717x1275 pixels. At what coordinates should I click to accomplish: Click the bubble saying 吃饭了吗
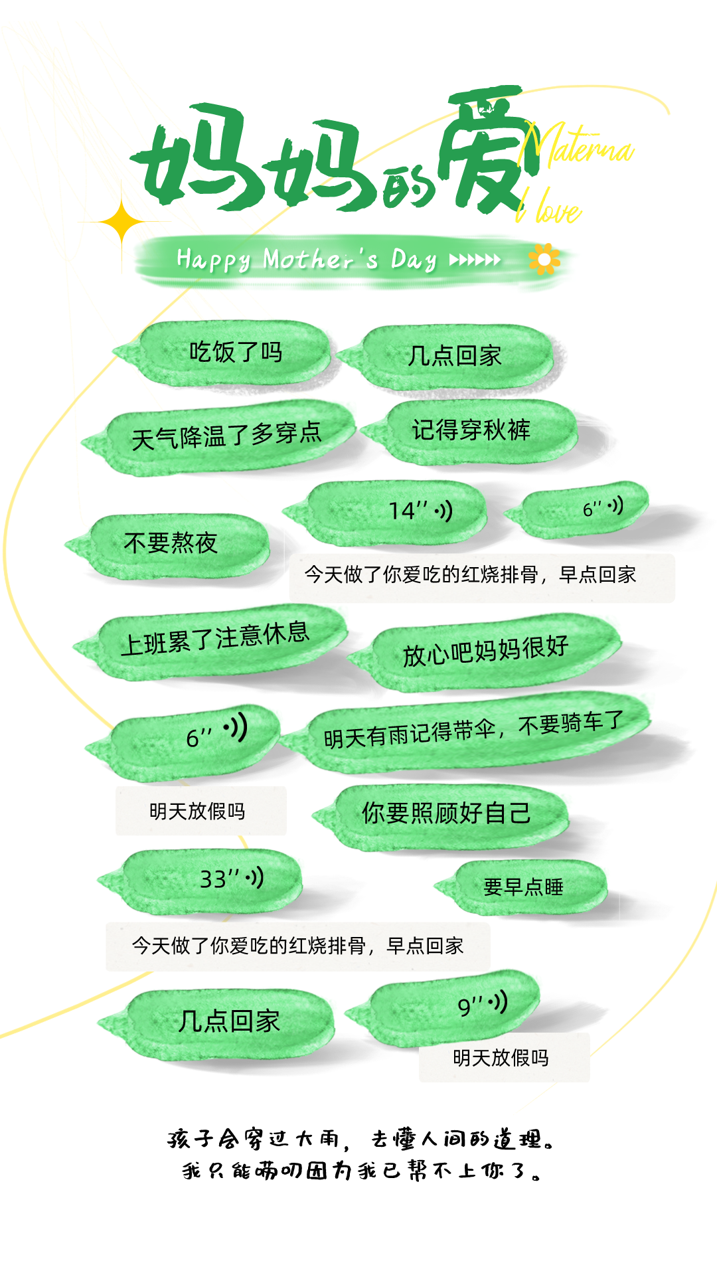click(x=236, y=352)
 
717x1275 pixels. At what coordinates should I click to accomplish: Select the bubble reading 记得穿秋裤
click(x=471, y=430)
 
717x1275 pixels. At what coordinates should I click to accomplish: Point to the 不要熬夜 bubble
click(x=171, y=543)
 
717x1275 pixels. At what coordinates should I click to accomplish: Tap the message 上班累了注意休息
click(x=214, y=638)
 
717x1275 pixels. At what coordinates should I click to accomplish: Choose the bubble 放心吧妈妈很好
click(x=485, y=650)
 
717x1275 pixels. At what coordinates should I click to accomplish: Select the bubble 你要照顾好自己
click(x=446, y=813)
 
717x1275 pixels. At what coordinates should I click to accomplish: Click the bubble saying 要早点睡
click(x=523, y=887)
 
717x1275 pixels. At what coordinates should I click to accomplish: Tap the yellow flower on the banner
click(x=544, y=260)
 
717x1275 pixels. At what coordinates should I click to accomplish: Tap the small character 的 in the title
click(x=406, y=188)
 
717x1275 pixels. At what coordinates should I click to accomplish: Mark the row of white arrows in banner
click(x=475, y=260)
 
